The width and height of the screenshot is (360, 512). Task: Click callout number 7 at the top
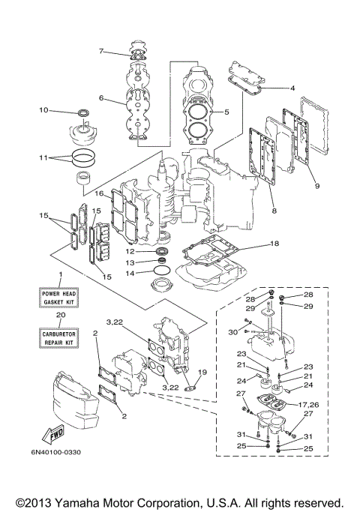tap(100, 51)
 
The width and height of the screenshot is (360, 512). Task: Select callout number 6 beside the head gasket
tap(100, 97)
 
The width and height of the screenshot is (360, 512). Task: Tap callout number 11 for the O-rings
tap(44, 158)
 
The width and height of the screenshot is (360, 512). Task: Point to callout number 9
tap(317, 186)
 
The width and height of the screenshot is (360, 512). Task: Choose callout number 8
tap(274, 212)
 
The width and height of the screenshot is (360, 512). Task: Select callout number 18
tap(274, 244)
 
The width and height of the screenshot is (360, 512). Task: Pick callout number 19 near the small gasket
tap(201, 373)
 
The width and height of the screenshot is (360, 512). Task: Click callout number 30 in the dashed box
tap(232, 332)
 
